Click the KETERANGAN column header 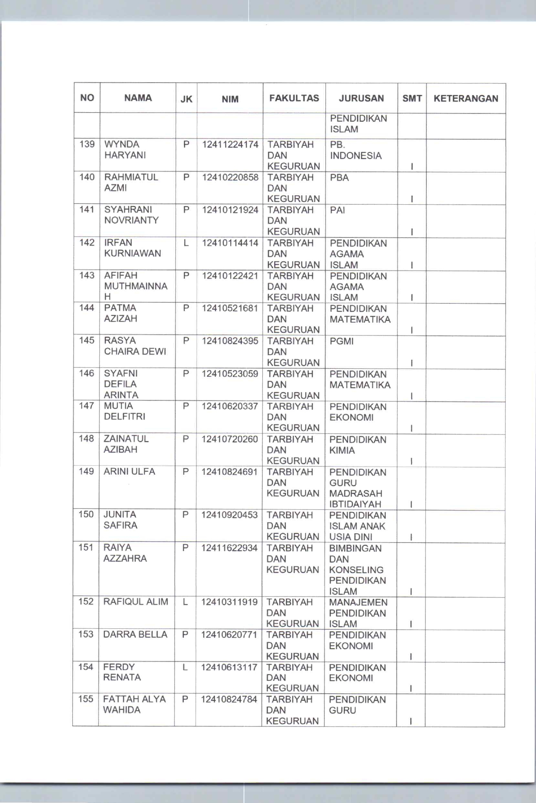(x=466, y=98)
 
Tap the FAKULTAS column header (x=294, y=98)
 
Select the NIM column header (x=230, y=99)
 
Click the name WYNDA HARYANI (x=125, y=150)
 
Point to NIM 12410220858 (x=230, y=177)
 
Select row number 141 (x=87, y=209)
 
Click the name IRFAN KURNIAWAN (x=132, y=248)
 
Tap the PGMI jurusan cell (x=342, y=342)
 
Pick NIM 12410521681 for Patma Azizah (x=230, y=308)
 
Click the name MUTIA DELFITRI (x=124, y=411)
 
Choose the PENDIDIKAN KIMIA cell (x=357, y=445)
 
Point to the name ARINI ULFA (x=129, y=471)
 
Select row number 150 (x=86, y=514)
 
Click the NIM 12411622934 (x=229, y=548)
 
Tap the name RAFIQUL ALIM (x=136, y=602)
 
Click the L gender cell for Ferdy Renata (x=185, y=667)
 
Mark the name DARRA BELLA (x=135, y=634)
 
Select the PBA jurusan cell (x=339, y=178)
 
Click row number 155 (x=86, y=699)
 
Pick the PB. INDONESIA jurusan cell (x=356, y=150)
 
